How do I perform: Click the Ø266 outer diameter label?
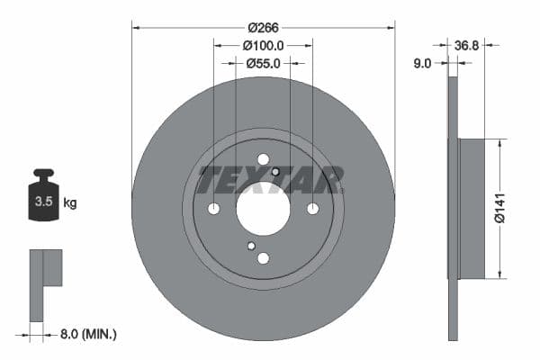click(263, 27)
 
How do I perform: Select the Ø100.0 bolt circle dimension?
click(263, 45)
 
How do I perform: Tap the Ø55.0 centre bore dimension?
click(263, 63)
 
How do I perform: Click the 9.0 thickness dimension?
click(422, 63)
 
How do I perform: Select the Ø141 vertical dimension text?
click(512, 209)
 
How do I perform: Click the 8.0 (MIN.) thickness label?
click(87, 334)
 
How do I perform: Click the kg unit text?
click(70, 203)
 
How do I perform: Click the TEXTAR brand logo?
click(270, 180)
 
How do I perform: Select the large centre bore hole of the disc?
click(263, 209)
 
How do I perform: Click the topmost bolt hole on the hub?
click(263, 160)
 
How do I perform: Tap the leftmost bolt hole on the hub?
click(214, 209)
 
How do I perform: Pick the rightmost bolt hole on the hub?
click(312, 209)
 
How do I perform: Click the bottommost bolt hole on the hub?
click(263, 258)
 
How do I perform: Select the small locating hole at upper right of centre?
click(275, 173)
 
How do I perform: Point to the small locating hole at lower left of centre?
click(251, 246)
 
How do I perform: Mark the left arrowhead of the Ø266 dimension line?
click(136, 27)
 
